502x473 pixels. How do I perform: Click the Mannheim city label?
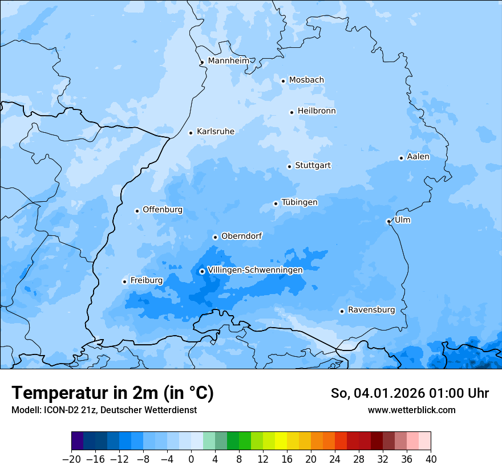pyautogui.click(x=228, y=60)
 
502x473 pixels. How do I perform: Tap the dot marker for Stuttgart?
pyautogui.click(x=289, y=166)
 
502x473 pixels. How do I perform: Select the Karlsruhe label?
pyautogui.click(x=215, y=132)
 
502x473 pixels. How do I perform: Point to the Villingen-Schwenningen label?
pyautogui.click(x=255, y=270)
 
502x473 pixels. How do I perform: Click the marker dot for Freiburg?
pyautogui.click(x=124, y=282)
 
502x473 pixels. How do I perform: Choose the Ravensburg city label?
pyautogui.click(x=371, y=310)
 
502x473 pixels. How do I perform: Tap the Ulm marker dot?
pyautogui.click(x=388, y=221)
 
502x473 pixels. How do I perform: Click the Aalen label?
pyautogui.click(x=418, y=157)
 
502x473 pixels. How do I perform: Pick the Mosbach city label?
pyautogui.click(x=306, y=80)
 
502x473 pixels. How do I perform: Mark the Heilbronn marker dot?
pyautogui.click(x=292, y=112)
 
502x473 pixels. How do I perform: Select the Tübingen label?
pyautogui.click(x=299, y=202)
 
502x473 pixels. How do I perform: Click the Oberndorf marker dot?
pyautogui.click(x=215, y=237)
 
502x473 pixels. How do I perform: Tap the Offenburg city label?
pyautogui.click(x=162, y=210)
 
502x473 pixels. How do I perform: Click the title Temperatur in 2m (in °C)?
pyautogui.click(x=112, y=393)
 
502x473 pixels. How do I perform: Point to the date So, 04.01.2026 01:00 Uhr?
pyautogui.click(x=410, y=393)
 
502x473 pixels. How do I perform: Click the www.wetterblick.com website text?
pyautogui.click(x=411, y=410)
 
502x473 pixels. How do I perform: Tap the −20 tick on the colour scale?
pyautogui.click(x=71, y=459)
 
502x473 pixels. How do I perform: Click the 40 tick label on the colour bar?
pyautogui.click(x=431, y=459)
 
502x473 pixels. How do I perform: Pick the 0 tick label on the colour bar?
pyautogui.click(x=191, y=459)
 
